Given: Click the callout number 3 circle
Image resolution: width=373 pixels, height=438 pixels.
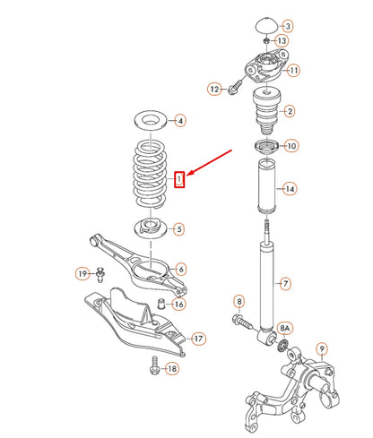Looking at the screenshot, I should click(x=286, y=26).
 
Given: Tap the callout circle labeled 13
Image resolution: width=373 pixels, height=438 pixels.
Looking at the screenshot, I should click(x=282, y=41).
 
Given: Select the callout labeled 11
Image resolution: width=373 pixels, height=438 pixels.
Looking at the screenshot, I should click(x=294, y=71).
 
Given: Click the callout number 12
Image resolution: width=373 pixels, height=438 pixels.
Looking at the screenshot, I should click(x=214, y=89).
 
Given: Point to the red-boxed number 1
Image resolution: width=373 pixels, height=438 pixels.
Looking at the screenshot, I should click(x=180, y=180).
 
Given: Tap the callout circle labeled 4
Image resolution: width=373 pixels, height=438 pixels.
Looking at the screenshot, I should click(x=179, y=120).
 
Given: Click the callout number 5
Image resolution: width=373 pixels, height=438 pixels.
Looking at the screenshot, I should click(x=179, y=229).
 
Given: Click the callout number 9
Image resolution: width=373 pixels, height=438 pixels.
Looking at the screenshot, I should click(x=323, y=348).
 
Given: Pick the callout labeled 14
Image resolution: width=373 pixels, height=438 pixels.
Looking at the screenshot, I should click(x=289, y=188).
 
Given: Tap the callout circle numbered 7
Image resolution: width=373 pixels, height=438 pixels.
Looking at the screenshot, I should click(x=285, y=285).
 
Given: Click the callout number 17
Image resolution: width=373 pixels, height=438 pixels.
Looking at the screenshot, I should click(x=199, y=339).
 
